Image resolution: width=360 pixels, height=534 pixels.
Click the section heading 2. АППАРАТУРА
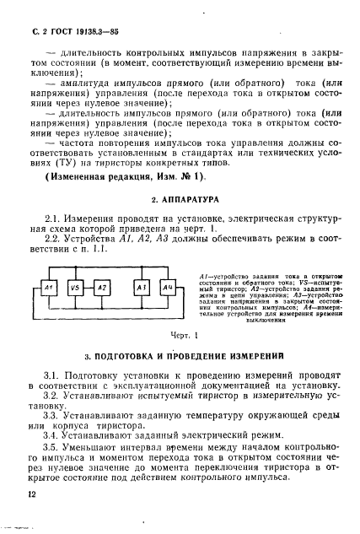[x=180, y=202]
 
